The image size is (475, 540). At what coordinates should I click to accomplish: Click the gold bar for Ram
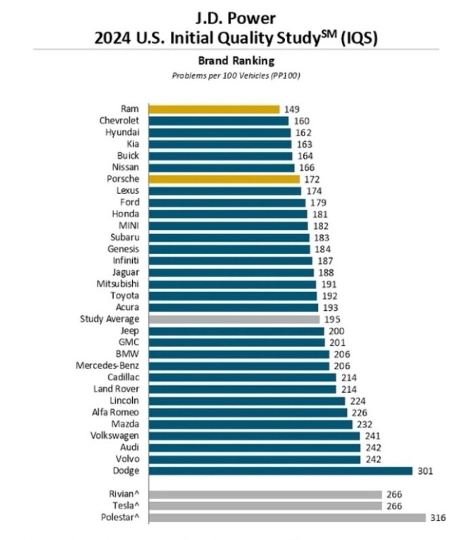point(213,109)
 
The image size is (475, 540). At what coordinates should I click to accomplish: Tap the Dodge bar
point(279,470)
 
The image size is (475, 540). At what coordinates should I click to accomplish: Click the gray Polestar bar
point(286,518)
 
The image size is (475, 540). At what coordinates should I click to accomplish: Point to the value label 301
point(424,470)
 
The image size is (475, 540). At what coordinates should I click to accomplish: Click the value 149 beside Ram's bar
point(292,109)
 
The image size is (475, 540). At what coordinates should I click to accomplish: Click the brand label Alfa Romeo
point(117,412)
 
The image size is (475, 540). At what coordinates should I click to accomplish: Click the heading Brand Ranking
point(236,61)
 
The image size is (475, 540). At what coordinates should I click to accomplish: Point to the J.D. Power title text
point(236,15)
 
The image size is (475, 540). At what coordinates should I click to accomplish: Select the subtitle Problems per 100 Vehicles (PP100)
point(236,75)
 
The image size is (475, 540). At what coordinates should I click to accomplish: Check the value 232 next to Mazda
point(365,424)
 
